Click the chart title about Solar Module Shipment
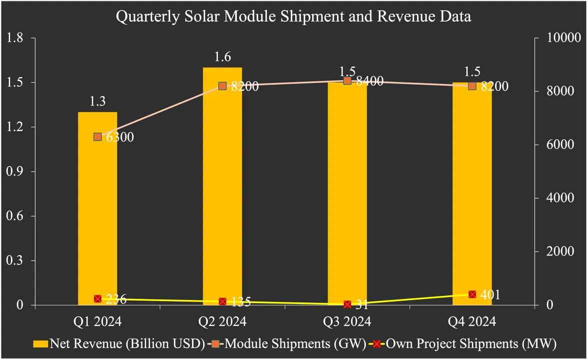(294, 16)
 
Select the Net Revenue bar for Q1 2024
(97, 210)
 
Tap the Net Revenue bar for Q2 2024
(222, 190)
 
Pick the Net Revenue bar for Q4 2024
(472, 195)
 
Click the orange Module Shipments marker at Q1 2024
(98, 137)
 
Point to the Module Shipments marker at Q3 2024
(347, 80)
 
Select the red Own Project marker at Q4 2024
(472, 294)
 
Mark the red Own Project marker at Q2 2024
(222, 301)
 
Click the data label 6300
(118, 137)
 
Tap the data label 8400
(368, 81)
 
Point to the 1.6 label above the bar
(222, 57)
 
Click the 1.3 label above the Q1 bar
(97, 102)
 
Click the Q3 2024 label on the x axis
(347, 321)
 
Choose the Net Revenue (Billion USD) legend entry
(118, 343)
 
